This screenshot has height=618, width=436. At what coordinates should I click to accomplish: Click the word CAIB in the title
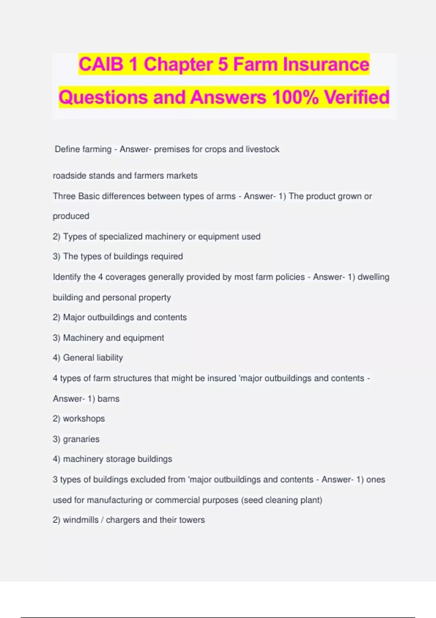101,64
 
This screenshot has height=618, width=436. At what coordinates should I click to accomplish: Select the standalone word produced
71,216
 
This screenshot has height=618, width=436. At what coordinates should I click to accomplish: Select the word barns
108,399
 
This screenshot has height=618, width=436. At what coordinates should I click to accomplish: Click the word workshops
84,419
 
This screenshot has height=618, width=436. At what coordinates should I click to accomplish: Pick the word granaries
81,439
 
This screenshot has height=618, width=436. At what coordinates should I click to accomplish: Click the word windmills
81,520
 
